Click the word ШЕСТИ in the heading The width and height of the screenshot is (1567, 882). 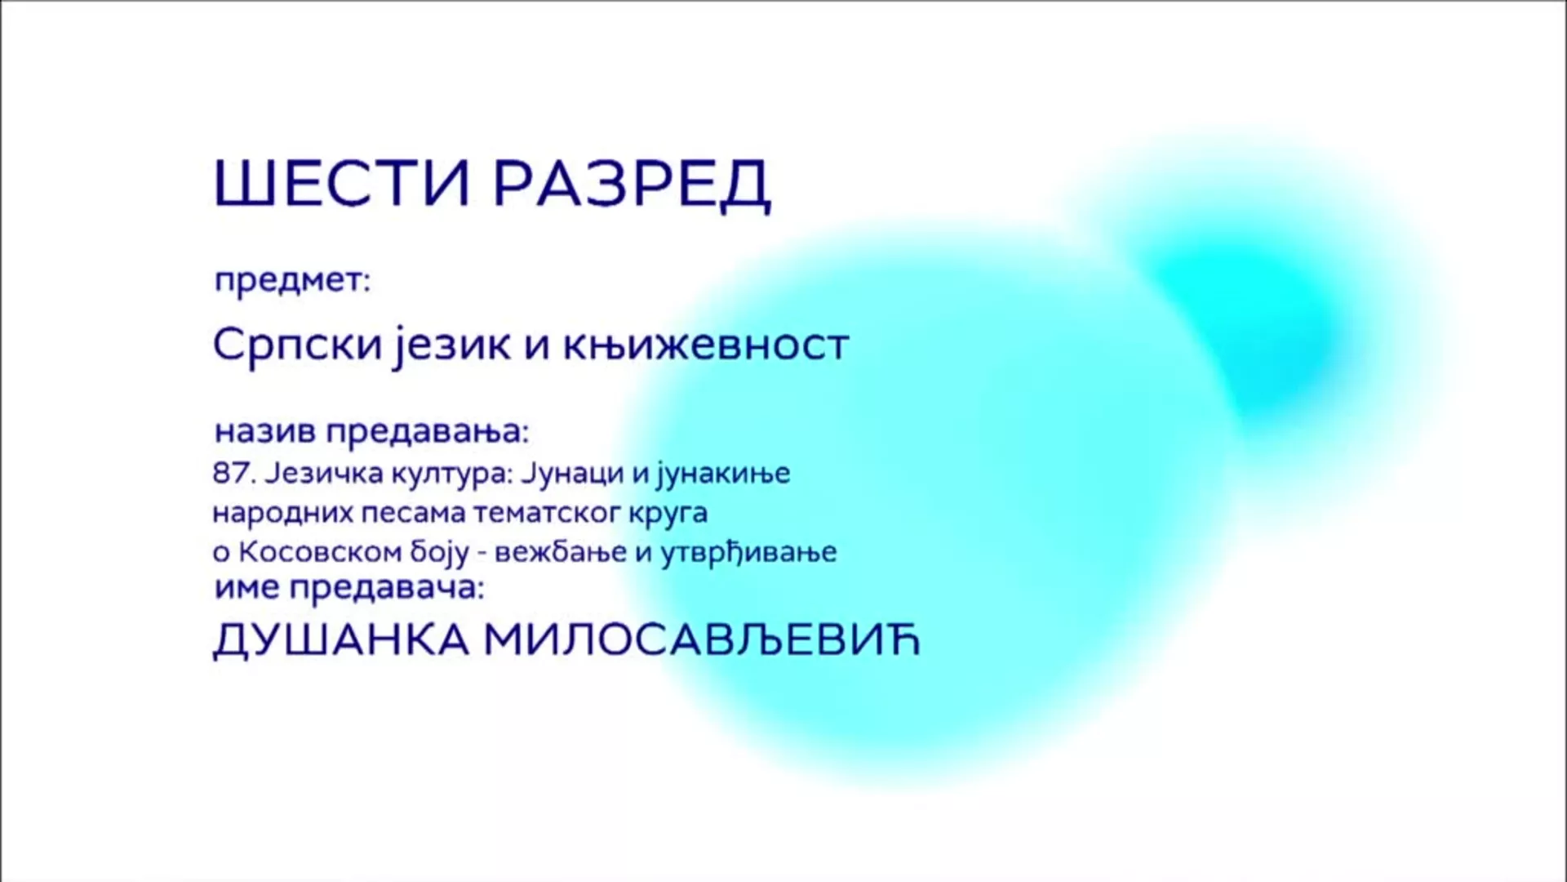point(343,183)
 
